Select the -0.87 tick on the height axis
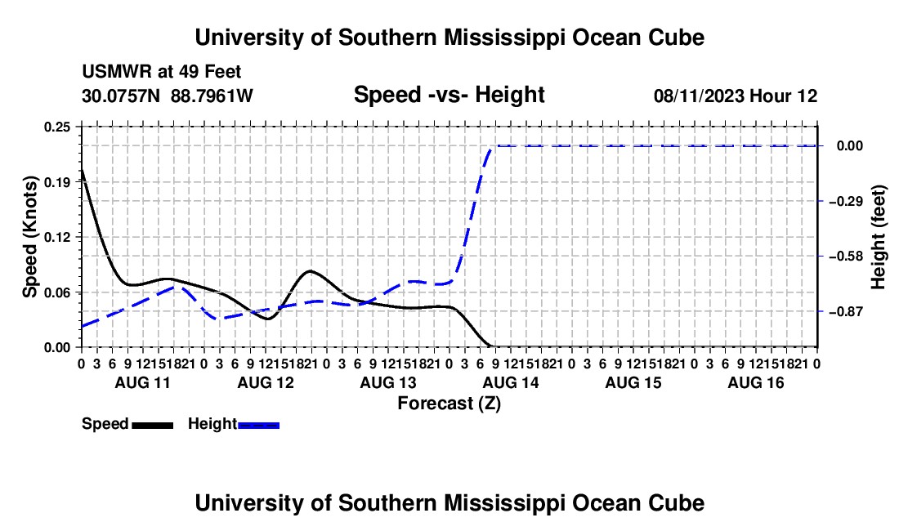(x=845, y=312)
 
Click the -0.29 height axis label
(x=845, y=202)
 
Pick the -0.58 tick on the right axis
(x=845, y=257)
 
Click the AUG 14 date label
(x=511, y=382)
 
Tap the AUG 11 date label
(x=143, y=382)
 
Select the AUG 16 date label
(x=756, y=382)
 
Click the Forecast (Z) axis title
(x=449, y=404)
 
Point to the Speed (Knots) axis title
(x=29, y=237)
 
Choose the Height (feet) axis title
(x=878, y=237)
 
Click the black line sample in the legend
(x=153, y=426)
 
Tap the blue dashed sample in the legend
(x=258, y=426)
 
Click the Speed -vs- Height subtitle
(x=449, y=95)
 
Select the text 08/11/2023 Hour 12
(x=736, y=96)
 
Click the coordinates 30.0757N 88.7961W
(x=168, y=96)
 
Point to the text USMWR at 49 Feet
(x=162, y=72)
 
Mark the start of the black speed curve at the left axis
(x=82, y=170)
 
